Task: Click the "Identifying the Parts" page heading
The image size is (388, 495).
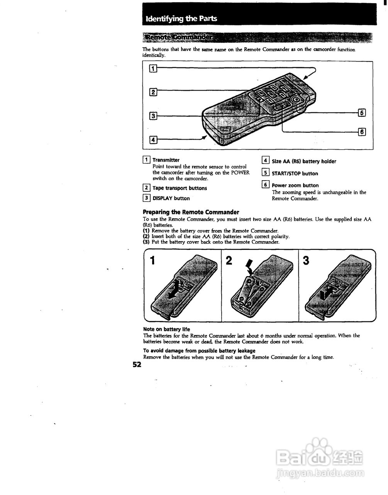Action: (x=181, y=19)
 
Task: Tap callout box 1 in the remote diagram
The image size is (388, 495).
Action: (x=153, y=69)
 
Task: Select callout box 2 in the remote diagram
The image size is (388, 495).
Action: (x=153, y=92)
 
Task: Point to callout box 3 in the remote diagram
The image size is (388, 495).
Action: (x=153, y=116)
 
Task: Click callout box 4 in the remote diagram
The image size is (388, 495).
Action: (x=153, y=139)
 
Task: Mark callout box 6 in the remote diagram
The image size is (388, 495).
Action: (x=362, y=132)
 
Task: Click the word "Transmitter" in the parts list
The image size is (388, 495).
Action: (x=166, y=160)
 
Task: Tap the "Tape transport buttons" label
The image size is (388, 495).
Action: (x=180, y=188)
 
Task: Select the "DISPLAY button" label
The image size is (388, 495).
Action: (x=171, y=198)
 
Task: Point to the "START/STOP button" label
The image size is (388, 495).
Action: (x=295, y=174)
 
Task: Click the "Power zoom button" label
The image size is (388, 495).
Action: (x=295, y=185)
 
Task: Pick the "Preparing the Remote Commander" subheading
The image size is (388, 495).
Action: (x=191, y=212)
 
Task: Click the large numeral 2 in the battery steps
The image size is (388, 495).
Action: (x=229, y=261)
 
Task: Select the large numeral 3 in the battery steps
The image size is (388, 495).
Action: (x=306, y=261)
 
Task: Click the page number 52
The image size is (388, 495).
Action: (x=137, y=365)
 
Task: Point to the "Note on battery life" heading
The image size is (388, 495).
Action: (x=166, y=329)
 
